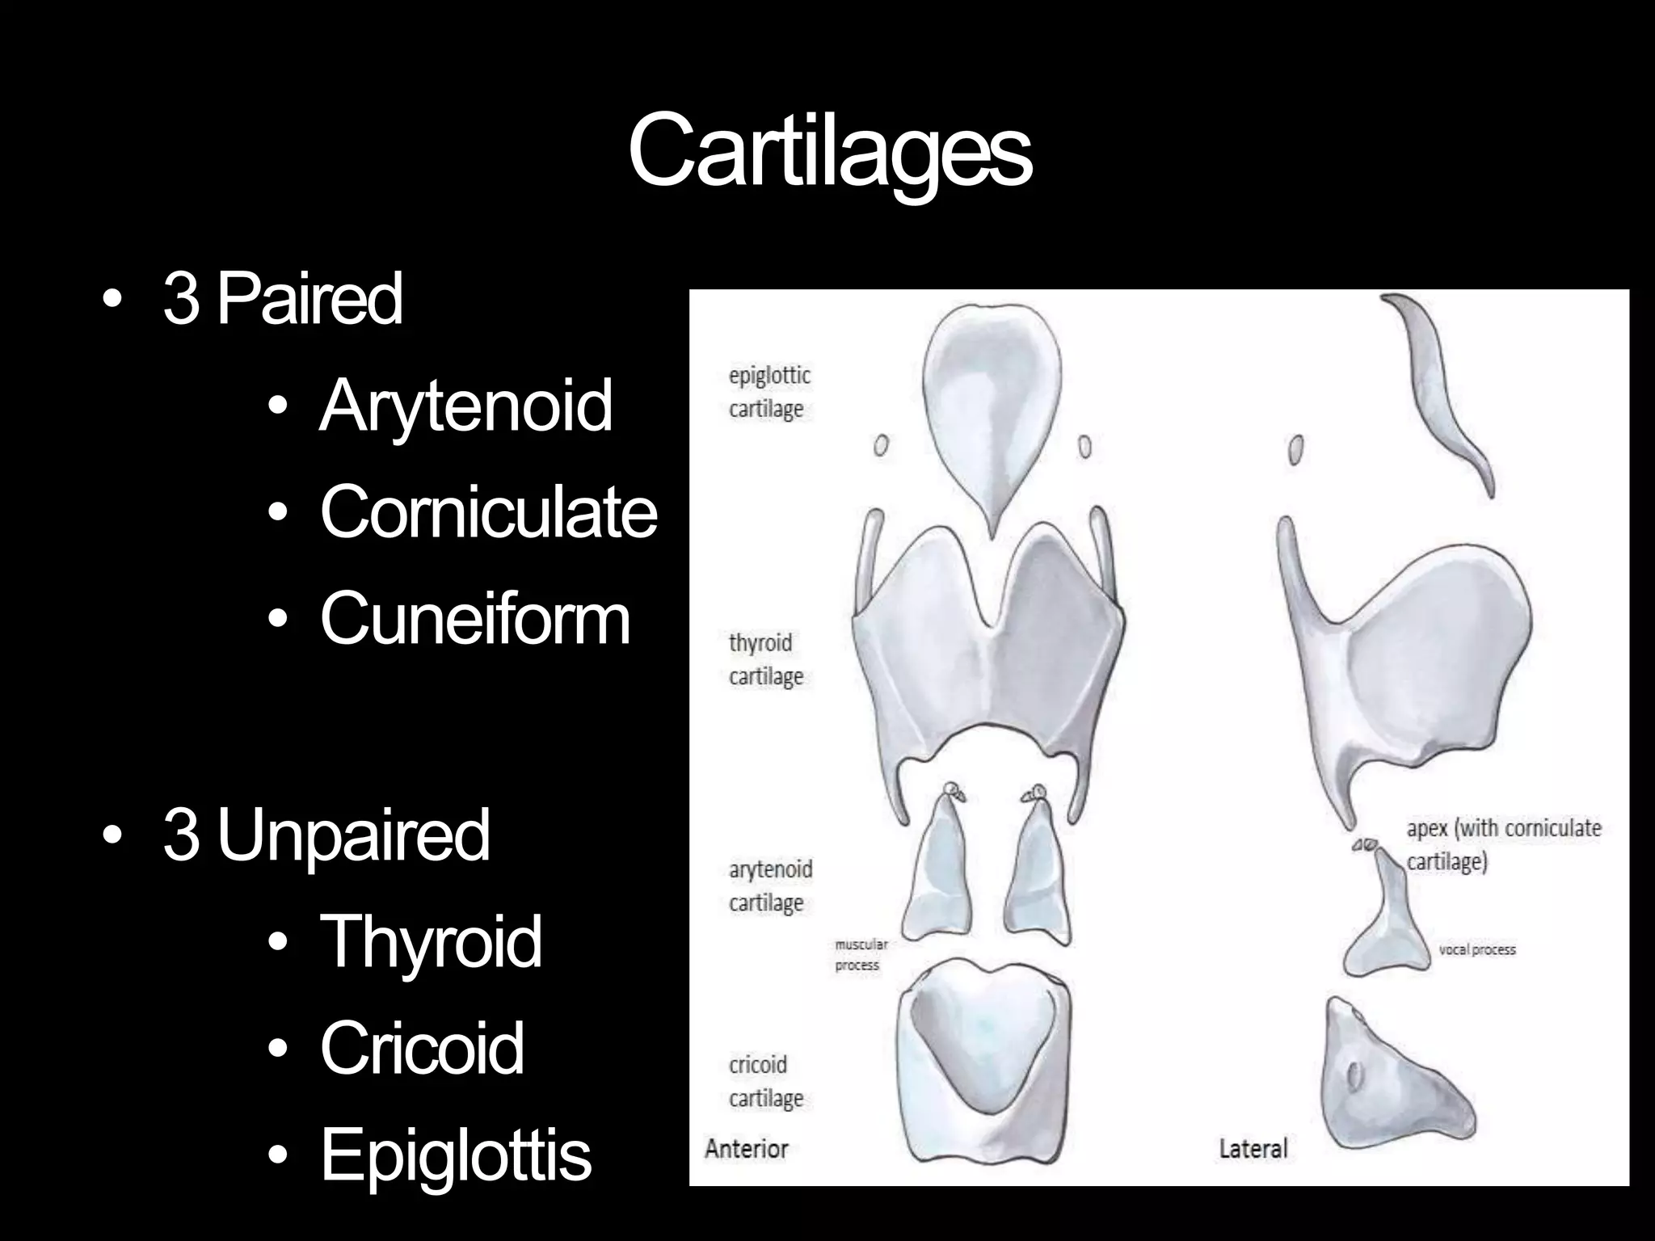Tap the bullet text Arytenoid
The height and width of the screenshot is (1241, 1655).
(x=465, y=406)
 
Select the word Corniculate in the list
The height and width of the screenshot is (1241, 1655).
(x=488, y=511)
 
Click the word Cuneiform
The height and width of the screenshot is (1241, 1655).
(x=474, y=618)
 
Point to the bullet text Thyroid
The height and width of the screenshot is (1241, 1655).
(x=431, y=940)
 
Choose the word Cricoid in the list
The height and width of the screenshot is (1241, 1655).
(x=422, y=1048)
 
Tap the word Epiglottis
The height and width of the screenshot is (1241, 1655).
(x=456, y=1155)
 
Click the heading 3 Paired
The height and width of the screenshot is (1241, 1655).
(x=282, y=298)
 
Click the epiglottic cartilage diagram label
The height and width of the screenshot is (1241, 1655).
(x=769, y=392)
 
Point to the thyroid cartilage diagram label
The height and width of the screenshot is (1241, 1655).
(x=765, y=659)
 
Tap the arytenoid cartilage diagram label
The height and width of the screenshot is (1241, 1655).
(x=769, y=886)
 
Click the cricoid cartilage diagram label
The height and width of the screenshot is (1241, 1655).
(x=765, y=1082)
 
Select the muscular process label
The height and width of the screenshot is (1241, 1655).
(x=860, y=954)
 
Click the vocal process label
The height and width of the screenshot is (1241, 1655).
(x=1476, y=949)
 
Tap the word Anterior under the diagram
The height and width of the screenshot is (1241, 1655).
(x=746, y=1148)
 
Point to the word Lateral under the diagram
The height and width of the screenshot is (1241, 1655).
(x=1253, y=1148)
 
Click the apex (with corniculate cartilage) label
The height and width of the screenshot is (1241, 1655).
(x=1503, y=845)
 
